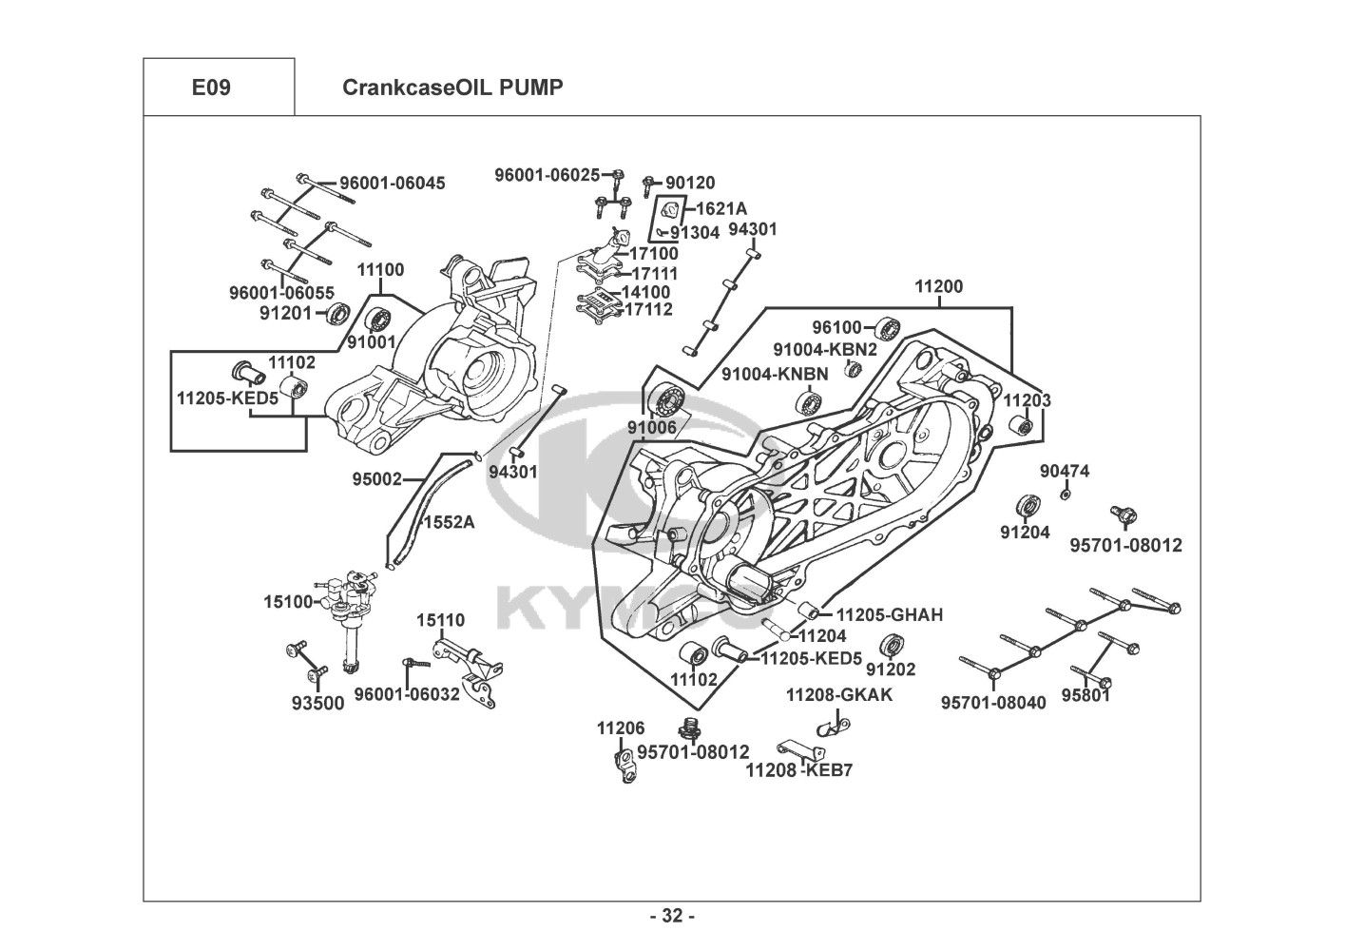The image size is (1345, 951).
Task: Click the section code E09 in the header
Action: click(x=211, y=88)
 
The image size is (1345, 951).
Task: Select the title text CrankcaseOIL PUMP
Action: click(x=452, y=88)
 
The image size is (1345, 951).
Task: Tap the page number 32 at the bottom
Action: click(x=672, y=916)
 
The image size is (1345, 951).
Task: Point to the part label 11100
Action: click(x=380, y=270)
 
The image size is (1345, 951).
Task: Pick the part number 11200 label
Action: click(x=938, y=286)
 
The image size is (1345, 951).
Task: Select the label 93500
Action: click(x=317, y=704)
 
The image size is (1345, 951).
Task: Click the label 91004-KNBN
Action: click(x=775, y=374)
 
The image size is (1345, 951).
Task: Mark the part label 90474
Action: click(x=1065, y=472)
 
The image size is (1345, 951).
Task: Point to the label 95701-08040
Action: click(x=993, y=703)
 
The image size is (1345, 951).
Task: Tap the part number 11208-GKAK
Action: click(x=839, y=694)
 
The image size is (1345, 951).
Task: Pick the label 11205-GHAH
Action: click(x=890, y=615)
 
